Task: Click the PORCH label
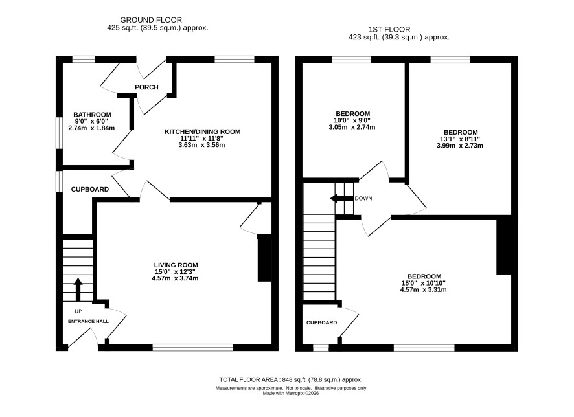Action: click(x=146, y=87)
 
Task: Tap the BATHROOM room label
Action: click(x=92, y=115)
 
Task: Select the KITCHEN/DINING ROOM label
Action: click(x=202, y=131)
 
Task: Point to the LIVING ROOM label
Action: click(x=176, y=265)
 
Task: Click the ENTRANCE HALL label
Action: click(x=88, y=322)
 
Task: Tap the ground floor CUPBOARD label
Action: click(x=89, y=190)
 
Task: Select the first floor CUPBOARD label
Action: click(x=322, y=322)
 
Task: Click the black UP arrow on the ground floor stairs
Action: click(x=78, y=289)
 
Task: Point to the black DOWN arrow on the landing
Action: click(x=342, y=199)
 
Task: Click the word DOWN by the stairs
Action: click(x=363, y=199)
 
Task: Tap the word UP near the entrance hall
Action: click(x=78, y=311)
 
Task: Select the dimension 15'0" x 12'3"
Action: click(x=176, y=272)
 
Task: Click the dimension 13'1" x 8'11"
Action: click(x=460, y=139)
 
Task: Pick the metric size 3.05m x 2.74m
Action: click(x=352, y=128)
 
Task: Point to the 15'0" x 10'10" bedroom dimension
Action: click(x=423, y=283)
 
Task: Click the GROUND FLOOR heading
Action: click(x=151, y=20)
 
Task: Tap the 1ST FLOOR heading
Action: click(x=389, y=29)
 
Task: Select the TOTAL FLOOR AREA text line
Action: click(x=291, y=379)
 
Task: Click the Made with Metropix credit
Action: click(x=291, y=393)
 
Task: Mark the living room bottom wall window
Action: click(x=192, y=348)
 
